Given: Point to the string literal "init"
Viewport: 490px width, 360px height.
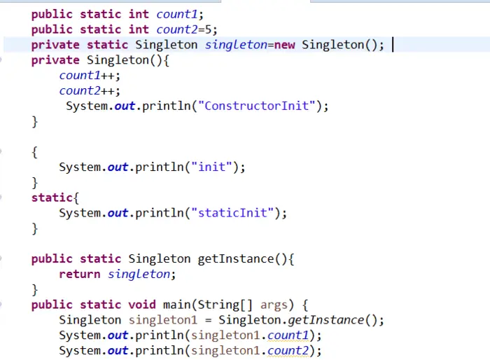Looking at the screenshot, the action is tap(213, 167).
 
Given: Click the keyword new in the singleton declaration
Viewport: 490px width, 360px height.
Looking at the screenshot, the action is tap(285, 45).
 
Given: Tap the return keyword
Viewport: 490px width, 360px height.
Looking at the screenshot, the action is tap(80, 274).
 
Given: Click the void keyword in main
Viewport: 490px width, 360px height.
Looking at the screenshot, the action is tap(146, 305).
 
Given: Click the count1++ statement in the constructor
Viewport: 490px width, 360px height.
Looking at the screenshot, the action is tap(90, 76).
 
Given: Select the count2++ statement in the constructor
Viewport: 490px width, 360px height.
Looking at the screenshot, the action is tap(90, 91).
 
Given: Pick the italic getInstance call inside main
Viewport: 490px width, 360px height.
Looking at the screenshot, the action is tap(326, 320).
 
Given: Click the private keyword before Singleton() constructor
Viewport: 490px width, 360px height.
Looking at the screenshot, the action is tap(55, 60).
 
